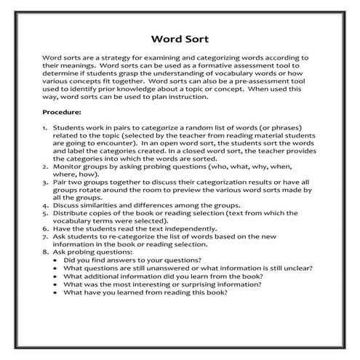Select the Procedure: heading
pyautogui.click(x=62, y=112)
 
